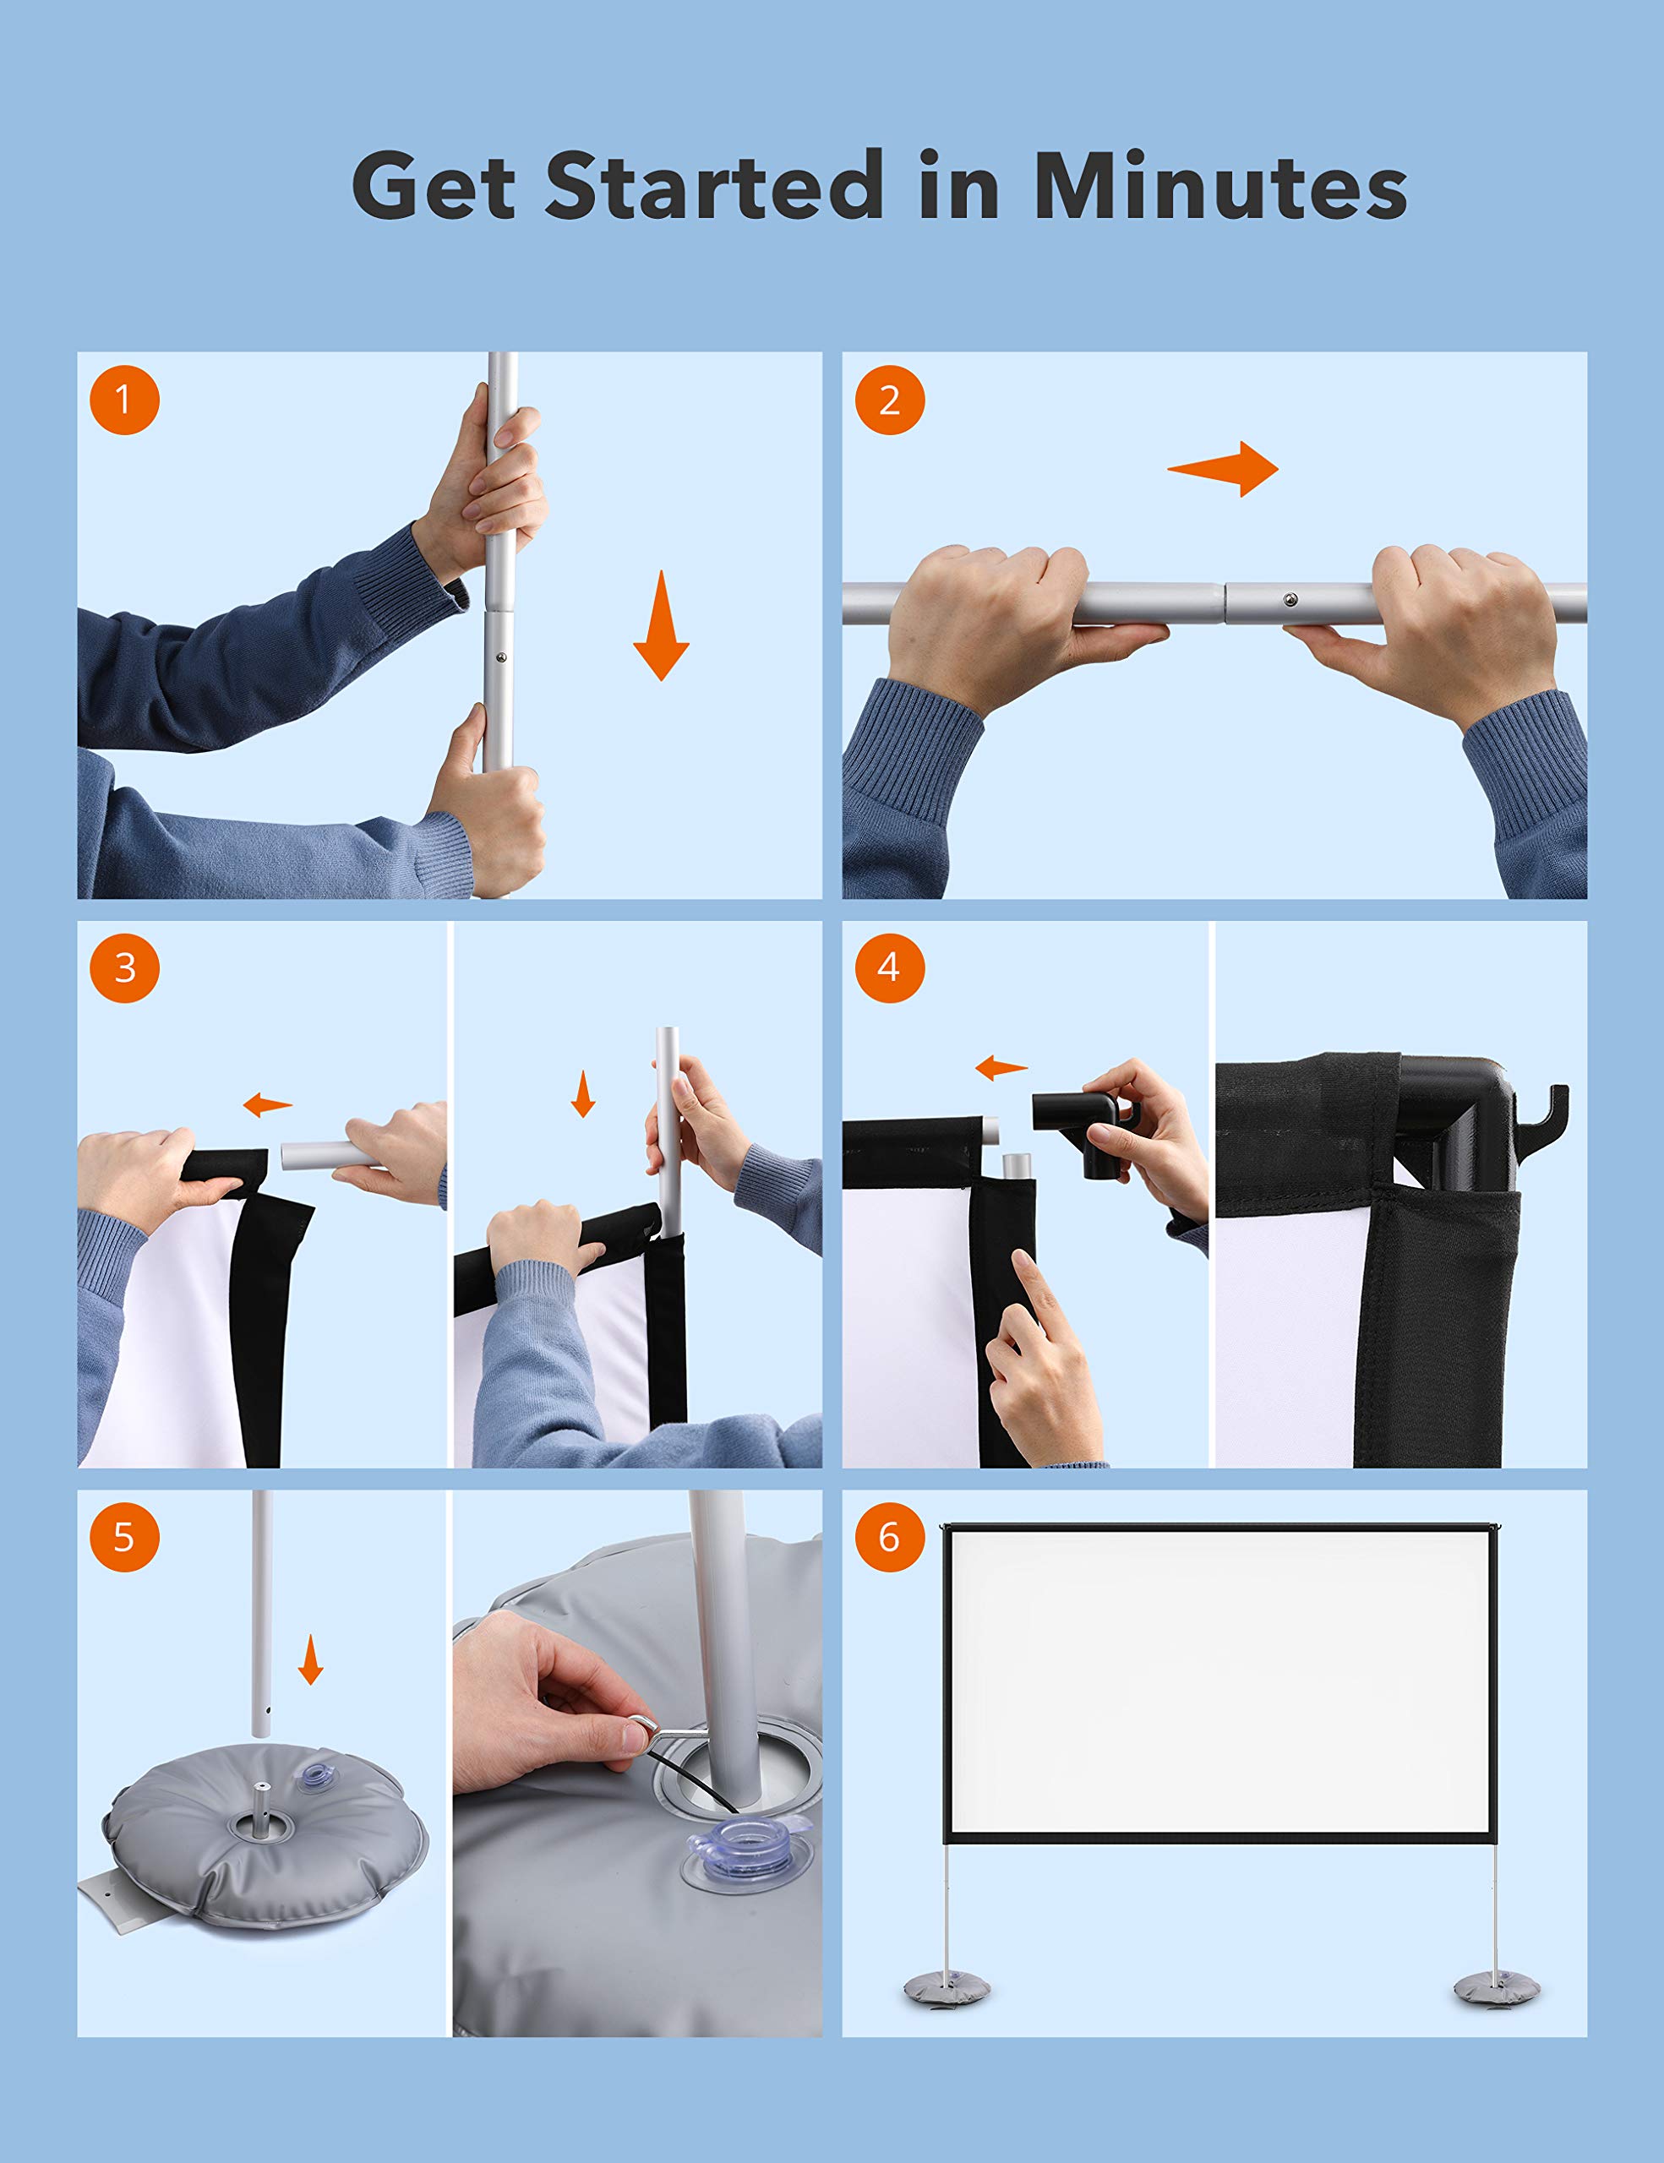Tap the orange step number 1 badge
(x=124, y=400)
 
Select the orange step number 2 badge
(x=889, y=400)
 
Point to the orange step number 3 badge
(x=124, y=967)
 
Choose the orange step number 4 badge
(x=889, y=967)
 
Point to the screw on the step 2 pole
(x=1290, y=599)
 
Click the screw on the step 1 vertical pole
(x=501, y=657)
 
